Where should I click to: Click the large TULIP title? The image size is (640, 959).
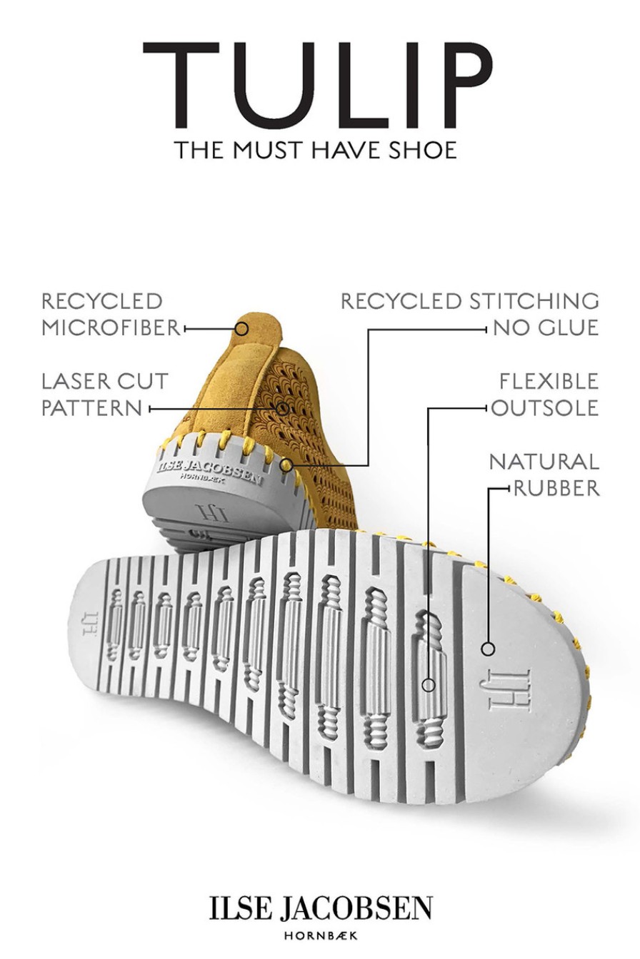tap(318, 85)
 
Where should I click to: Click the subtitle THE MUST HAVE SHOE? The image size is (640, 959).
tap(316, 150)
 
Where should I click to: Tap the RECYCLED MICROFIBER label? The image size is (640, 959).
tap(111, 315)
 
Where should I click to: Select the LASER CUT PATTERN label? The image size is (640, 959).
tap(105, 395)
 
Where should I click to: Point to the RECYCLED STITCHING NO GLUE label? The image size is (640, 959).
tap(470, 315)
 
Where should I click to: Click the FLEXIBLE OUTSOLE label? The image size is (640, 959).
tap(545, 395)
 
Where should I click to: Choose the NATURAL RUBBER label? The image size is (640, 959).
tap(544, 475)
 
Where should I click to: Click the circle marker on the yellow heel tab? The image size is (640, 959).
tap(241, 329)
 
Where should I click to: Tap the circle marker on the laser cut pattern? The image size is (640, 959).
tap(283, 408)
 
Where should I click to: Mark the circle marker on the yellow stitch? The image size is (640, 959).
tap(286, 465)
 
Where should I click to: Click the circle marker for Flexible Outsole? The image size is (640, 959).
tap(429, 685)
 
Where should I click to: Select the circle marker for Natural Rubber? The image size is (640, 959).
tap(488, 649)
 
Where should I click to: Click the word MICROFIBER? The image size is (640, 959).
tap(111, 328)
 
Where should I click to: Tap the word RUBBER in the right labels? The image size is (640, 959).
tap(556, 488)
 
